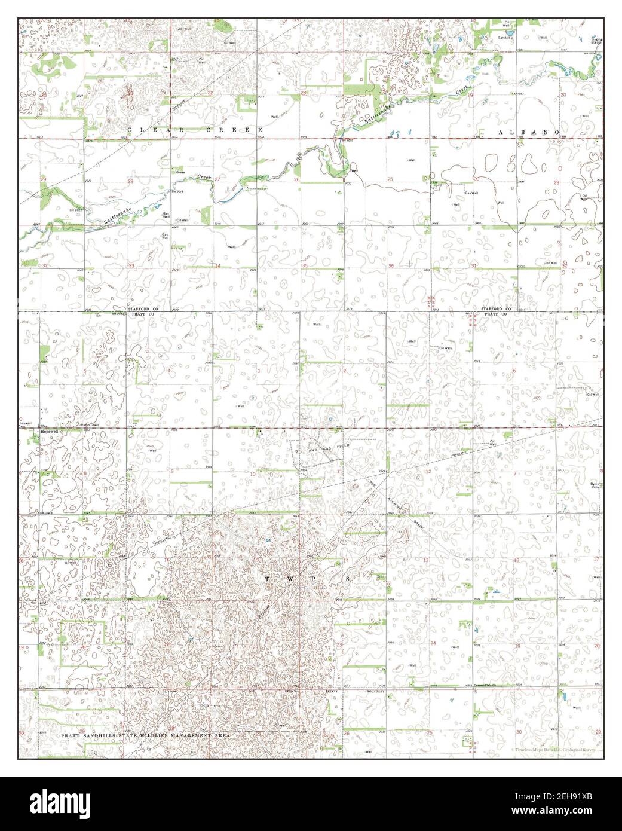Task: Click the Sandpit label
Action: pos(507,37)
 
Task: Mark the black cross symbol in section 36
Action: pos(409,263)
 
